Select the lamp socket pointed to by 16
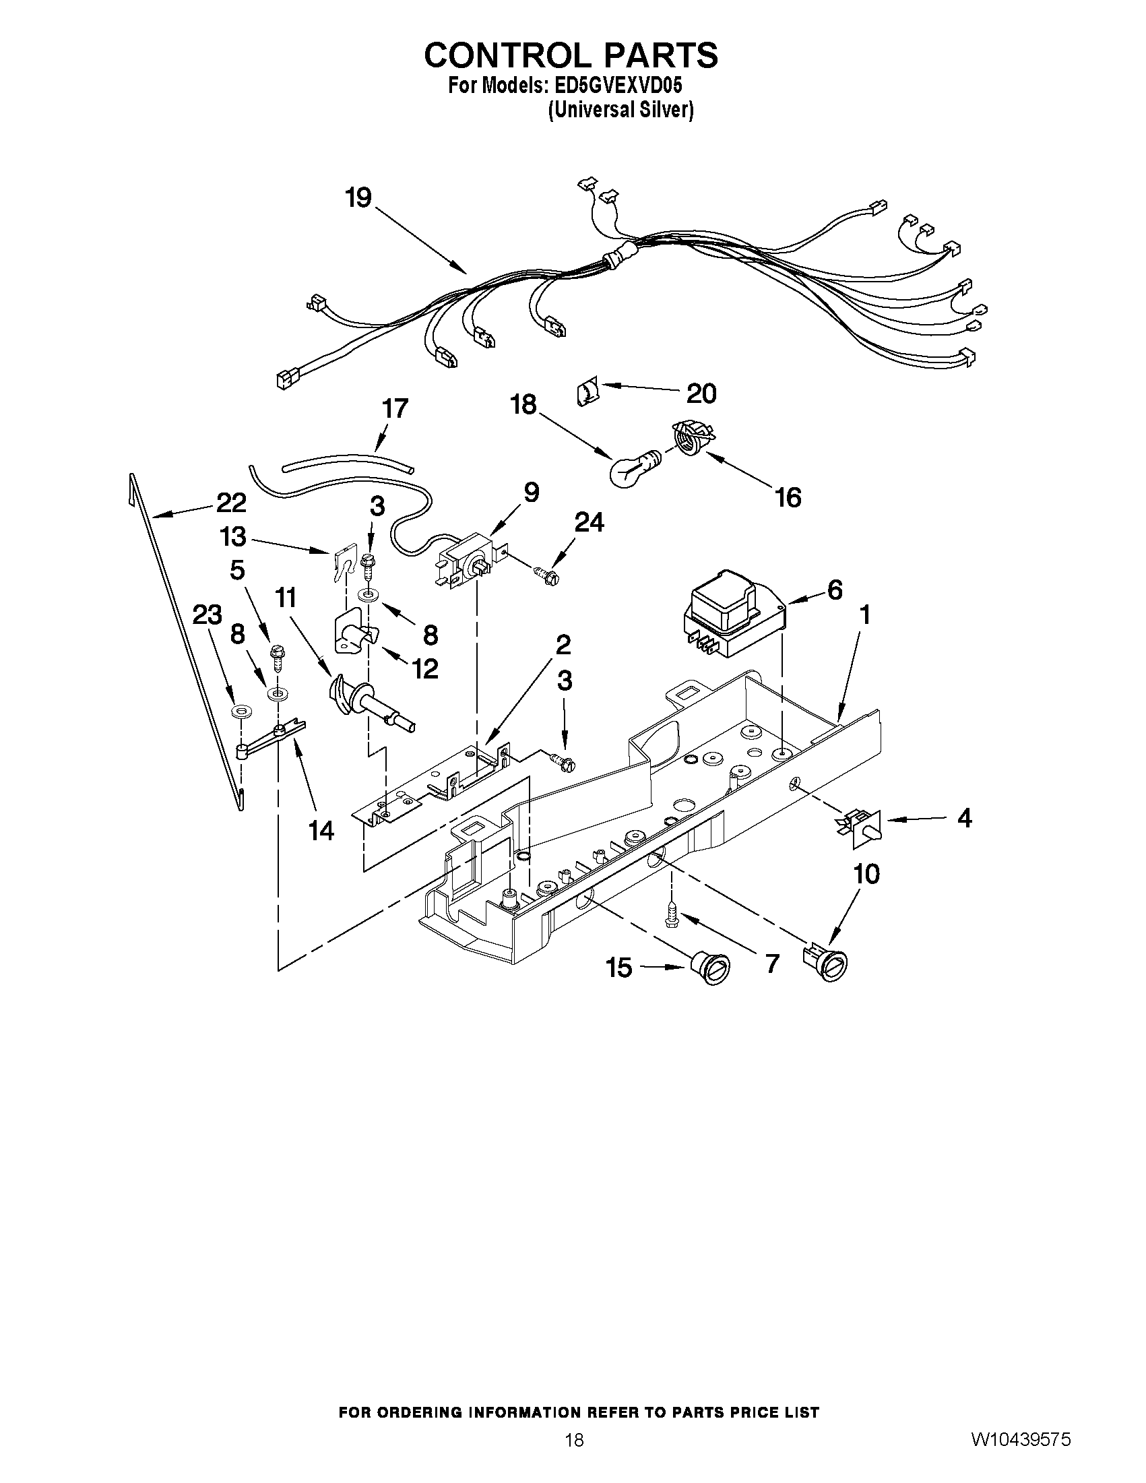690,435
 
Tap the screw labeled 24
546,577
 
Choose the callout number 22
232,503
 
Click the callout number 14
321,830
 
